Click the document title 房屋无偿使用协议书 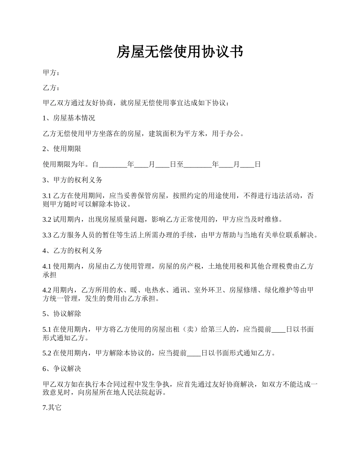(x=179, y=52)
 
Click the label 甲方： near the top (x=51, y=73)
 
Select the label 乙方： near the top (x=51, y=88)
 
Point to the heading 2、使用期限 (x=62, y=149)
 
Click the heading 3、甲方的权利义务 (x=72, y=180)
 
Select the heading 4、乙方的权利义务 (x=72, y=250)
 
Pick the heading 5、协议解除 (x=62, y=314)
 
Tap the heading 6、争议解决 (x=62, y=369)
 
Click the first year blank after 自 (x=113, y=165)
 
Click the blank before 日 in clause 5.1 (x=279, y=330)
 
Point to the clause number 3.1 (x=47, y=196)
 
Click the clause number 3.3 (x=47, y=235)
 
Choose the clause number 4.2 (x=47, y=290)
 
